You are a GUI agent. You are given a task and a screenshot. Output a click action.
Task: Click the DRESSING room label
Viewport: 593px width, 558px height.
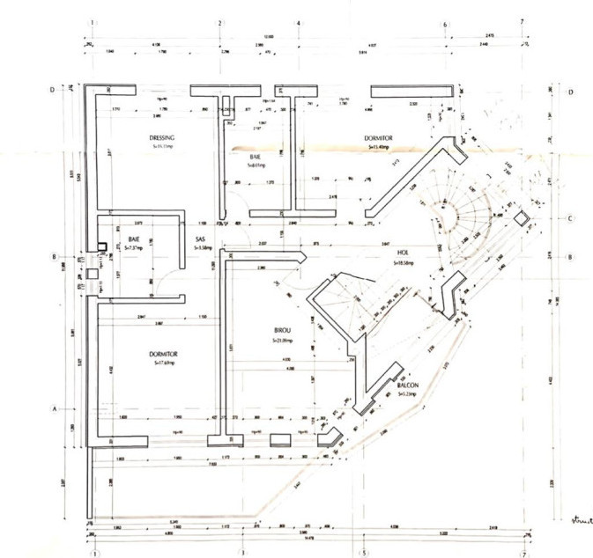point(162,138)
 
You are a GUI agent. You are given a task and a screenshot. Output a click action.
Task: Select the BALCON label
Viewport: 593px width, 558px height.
point(406,386)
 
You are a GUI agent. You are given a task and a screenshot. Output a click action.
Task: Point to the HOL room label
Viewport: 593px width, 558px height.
point(402,253)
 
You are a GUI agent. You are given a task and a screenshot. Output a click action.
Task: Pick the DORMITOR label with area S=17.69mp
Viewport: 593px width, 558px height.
point(164,354)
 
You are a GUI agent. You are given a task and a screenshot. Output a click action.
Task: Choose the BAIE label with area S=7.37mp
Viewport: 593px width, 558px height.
point(135,239)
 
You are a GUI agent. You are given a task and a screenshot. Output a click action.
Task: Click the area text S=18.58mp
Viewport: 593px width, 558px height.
point(403,262)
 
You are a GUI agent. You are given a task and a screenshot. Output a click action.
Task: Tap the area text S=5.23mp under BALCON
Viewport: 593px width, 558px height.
point(406,395)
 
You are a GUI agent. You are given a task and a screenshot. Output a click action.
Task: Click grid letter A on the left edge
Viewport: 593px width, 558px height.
point(54,409)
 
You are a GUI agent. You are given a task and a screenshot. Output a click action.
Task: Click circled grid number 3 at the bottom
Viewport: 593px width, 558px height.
point(241,554)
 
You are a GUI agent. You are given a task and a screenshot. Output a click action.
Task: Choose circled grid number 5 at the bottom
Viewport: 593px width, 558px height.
point(364,554)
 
